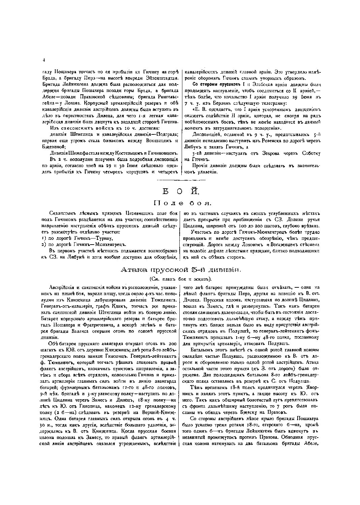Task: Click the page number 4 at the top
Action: coord(44,60)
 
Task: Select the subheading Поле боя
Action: coord(182,203)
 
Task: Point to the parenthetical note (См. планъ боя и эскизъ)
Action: coord(181,279)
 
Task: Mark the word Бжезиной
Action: coord(53,147)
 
